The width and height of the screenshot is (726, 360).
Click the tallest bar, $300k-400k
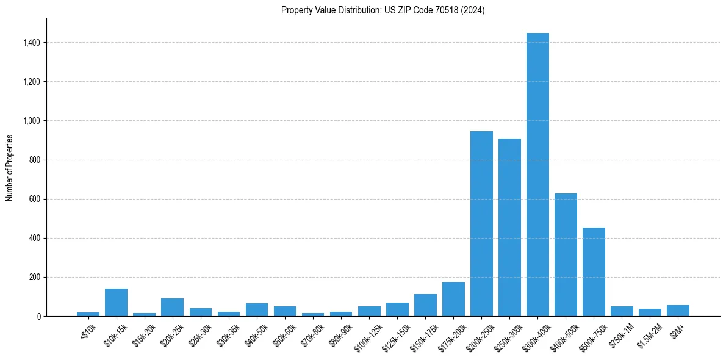coord(537,175)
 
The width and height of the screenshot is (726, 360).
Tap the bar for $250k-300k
coord(509,227)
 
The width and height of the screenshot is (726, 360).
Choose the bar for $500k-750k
coord(594,272)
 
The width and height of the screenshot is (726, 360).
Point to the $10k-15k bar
coord(116,302)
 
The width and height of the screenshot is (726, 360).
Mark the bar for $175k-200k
coord(453,299)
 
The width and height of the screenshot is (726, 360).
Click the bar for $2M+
coord(678,311)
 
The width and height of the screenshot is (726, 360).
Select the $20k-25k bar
coord(172,307)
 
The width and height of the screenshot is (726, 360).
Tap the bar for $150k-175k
coord(425,305)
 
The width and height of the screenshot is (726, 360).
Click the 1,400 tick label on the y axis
coord(31,43)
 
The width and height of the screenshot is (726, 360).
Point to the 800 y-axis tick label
coord(34,160)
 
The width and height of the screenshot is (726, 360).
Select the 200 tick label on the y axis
coord(34,277)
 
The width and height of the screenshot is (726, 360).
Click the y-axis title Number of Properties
coord(9,167)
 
